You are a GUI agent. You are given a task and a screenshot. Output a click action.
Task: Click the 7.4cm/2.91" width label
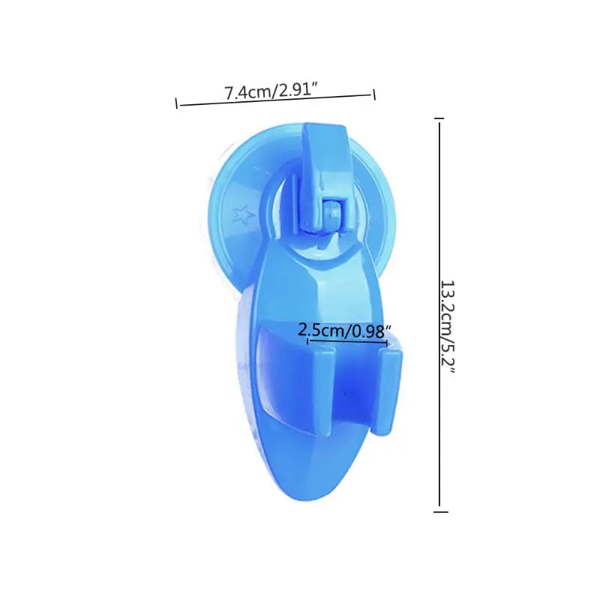click(271, 91)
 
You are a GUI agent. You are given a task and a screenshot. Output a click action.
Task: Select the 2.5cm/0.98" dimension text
click(345, 330)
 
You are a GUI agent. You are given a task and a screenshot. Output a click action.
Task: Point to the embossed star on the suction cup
click(243, 215)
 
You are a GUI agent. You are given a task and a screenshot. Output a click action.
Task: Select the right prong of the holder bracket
click(387, 392)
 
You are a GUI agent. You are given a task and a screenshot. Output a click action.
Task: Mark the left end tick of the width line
click(176, 103)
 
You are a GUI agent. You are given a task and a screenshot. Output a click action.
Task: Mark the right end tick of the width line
click(374, 94)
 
